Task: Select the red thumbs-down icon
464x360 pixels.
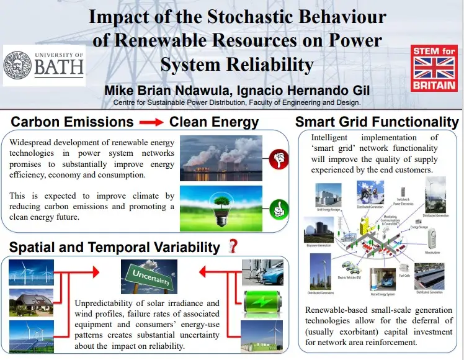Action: (278, 159)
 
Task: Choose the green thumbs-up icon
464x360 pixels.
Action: (278, 207)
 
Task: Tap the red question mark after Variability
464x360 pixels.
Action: (233, 246)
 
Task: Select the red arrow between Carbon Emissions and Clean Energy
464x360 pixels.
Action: (151, 122)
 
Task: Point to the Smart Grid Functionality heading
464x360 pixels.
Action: (377, 121)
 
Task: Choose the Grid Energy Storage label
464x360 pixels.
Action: (329, 211)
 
